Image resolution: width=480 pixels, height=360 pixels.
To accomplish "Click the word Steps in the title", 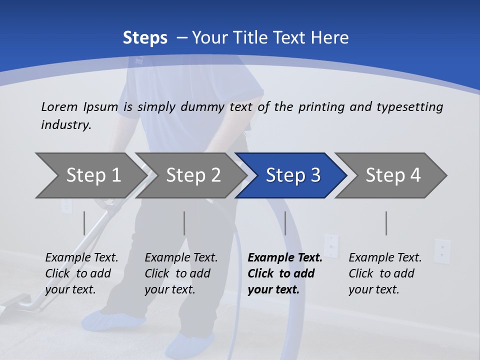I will (x=145, y=38).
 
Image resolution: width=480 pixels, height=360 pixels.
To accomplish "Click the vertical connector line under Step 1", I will (x=84, y=223).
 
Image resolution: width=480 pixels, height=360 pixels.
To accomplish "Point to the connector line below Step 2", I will (x=184, y=223).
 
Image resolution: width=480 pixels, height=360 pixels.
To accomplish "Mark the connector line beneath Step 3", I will (x=285, y=223).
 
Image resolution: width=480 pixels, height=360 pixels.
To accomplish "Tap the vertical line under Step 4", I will (x=386, y=223).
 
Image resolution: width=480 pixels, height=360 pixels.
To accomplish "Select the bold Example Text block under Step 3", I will (x=285, y=273).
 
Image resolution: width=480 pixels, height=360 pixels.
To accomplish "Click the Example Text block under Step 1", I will (x=81, y=273).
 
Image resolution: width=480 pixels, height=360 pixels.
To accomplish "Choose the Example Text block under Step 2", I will (x=181, y=273).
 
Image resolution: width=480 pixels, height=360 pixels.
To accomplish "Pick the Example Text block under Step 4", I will (x=385, y=273).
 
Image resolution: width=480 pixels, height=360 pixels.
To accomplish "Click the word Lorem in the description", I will (x=59, y=106).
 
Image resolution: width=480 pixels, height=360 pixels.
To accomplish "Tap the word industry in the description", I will (x=66, y=124).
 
